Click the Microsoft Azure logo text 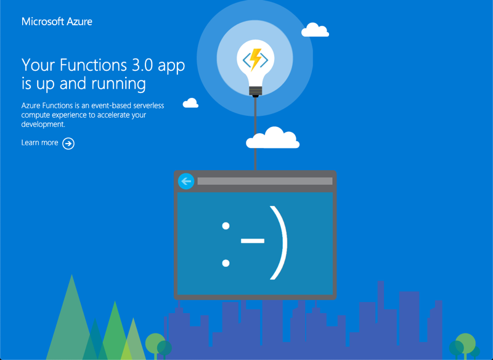click(x=57, y=22)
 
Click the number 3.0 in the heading click(x=143, y=65)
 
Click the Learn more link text click(x=39, y=143)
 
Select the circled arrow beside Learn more click(x=68, y=144)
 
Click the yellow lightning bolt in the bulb click(x=255, y=59)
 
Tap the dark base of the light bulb click(x=255, y=92)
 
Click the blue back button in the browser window click(x=185, y=181)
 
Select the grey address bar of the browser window click(x=264, y=181)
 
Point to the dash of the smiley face click(x=252, y=241)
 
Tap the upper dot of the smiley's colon click(x=226, y=225)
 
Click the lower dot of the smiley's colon click(x=226, y=263)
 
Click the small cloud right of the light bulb click(x=315, y=30)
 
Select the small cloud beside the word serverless click(x=190, y=103)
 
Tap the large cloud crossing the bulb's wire click(x=272, y=139)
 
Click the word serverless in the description click(x=146, y=106)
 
